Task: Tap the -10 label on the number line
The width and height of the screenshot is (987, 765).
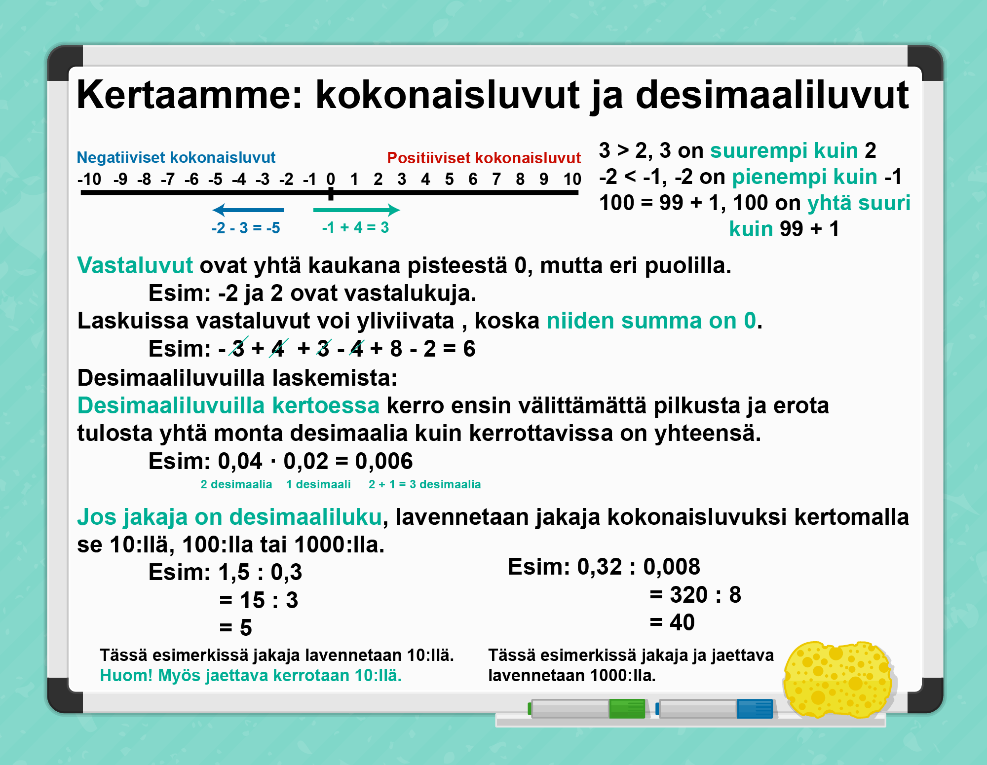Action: point(89,179)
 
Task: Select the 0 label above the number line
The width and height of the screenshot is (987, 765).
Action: point(331,179)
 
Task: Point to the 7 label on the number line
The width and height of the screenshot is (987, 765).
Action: point(496,179)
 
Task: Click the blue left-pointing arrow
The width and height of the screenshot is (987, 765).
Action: point(248,210)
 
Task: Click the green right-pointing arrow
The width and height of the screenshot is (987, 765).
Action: point(356,210)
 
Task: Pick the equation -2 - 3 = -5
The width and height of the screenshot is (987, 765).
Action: point(246,228)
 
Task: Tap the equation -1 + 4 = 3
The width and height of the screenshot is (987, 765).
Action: point(355,227)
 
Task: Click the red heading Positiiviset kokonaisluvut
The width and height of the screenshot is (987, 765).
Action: point(484,158)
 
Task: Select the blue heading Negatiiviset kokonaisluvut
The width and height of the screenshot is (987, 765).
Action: point(176,157)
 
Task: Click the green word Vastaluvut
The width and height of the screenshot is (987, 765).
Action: point(135,265)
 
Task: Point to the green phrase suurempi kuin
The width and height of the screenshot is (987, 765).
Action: point(784,150)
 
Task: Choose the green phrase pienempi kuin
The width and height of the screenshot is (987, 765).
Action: point(805,177)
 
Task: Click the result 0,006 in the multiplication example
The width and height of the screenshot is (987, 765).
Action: point(384,461)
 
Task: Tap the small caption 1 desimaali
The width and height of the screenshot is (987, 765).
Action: point(318,484)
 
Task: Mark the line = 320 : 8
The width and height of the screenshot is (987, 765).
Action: point(695,595)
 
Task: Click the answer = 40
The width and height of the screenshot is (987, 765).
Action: point(672,622)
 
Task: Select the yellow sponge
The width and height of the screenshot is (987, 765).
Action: point(838,680)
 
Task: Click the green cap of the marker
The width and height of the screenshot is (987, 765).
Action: point(627,709)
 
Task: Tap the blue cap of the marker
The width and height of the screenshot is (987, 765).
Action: point(755,709)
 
